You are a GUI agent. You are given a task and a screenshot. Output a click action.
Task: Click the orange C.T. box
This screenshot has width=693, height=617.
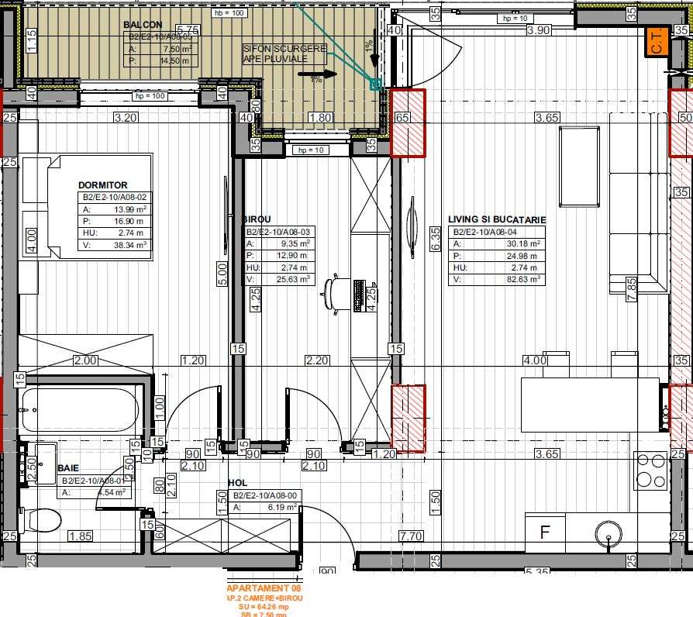pos(656,40)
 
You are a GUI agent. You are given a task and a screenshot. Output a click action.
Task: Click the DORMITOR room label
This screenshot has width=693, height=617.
pos(102,185)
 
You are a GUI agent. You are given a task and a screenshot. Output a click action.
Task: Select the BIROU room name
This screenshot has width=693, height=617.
pos(256,220)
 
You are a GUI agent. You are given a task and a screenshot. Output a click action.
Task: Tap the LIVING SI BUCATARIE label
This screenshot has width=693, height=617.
pos(497,220)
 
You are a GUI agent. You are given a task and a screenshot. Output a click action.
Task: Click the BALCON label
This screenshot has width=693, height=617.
pos(143,25)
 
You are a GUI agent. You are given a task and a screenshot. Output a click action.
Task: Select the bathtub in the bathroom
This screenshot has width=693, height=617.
pos(81,409)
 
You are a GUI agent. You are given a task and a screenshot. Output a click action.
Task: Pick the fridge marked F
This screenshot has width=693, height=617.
pos(544,533)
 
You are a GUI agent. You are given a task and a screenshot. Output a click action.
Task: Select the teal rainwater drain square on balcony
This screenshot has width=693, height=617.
pos(376,84)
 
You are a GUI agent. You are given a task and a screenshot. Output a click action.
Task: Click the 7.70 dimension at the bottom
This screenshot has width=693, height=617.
pos(410,536)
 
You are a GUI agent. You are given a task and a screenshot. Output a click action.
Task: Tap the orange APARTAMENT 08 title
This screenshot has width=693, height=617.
pos(264,589)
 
